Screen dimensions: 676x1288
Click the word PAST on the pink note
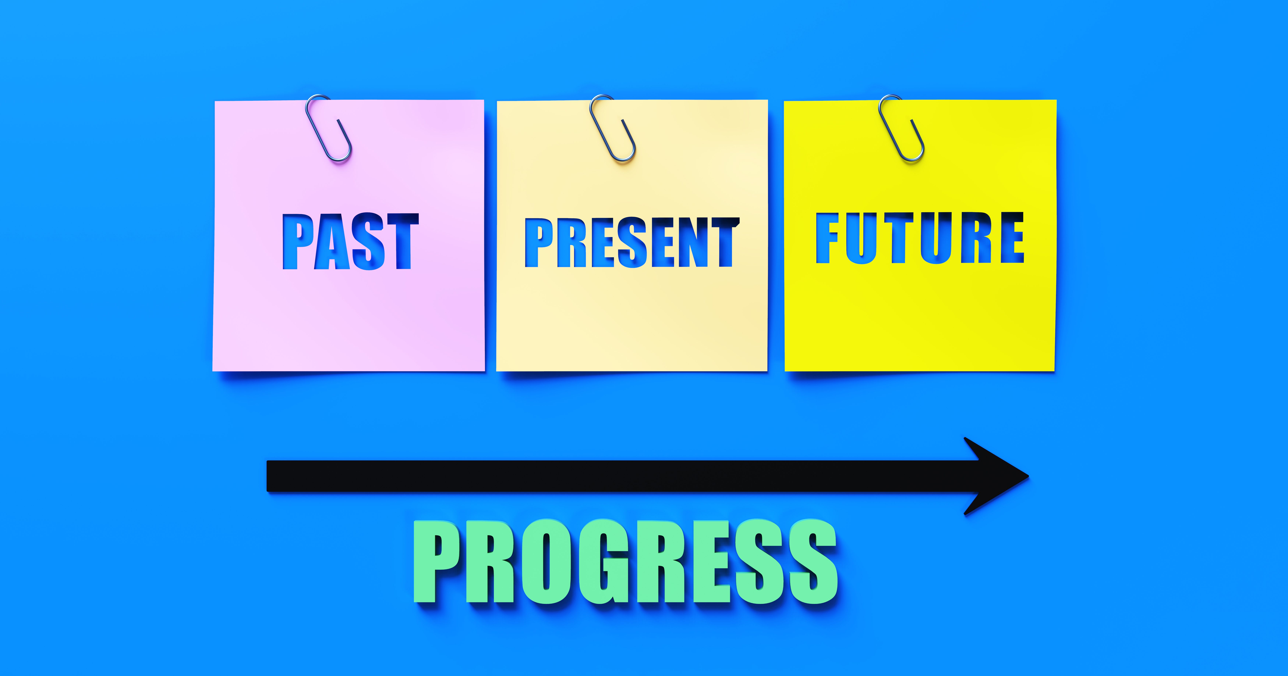tap(350, 241)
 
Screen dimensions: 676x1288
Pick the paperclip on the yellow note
tap(901, 128)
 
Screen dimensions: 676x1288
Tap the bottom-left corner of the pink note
tap(214, 370)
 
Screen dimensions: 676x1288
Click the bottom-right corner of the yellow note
tap(1054, 370)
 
